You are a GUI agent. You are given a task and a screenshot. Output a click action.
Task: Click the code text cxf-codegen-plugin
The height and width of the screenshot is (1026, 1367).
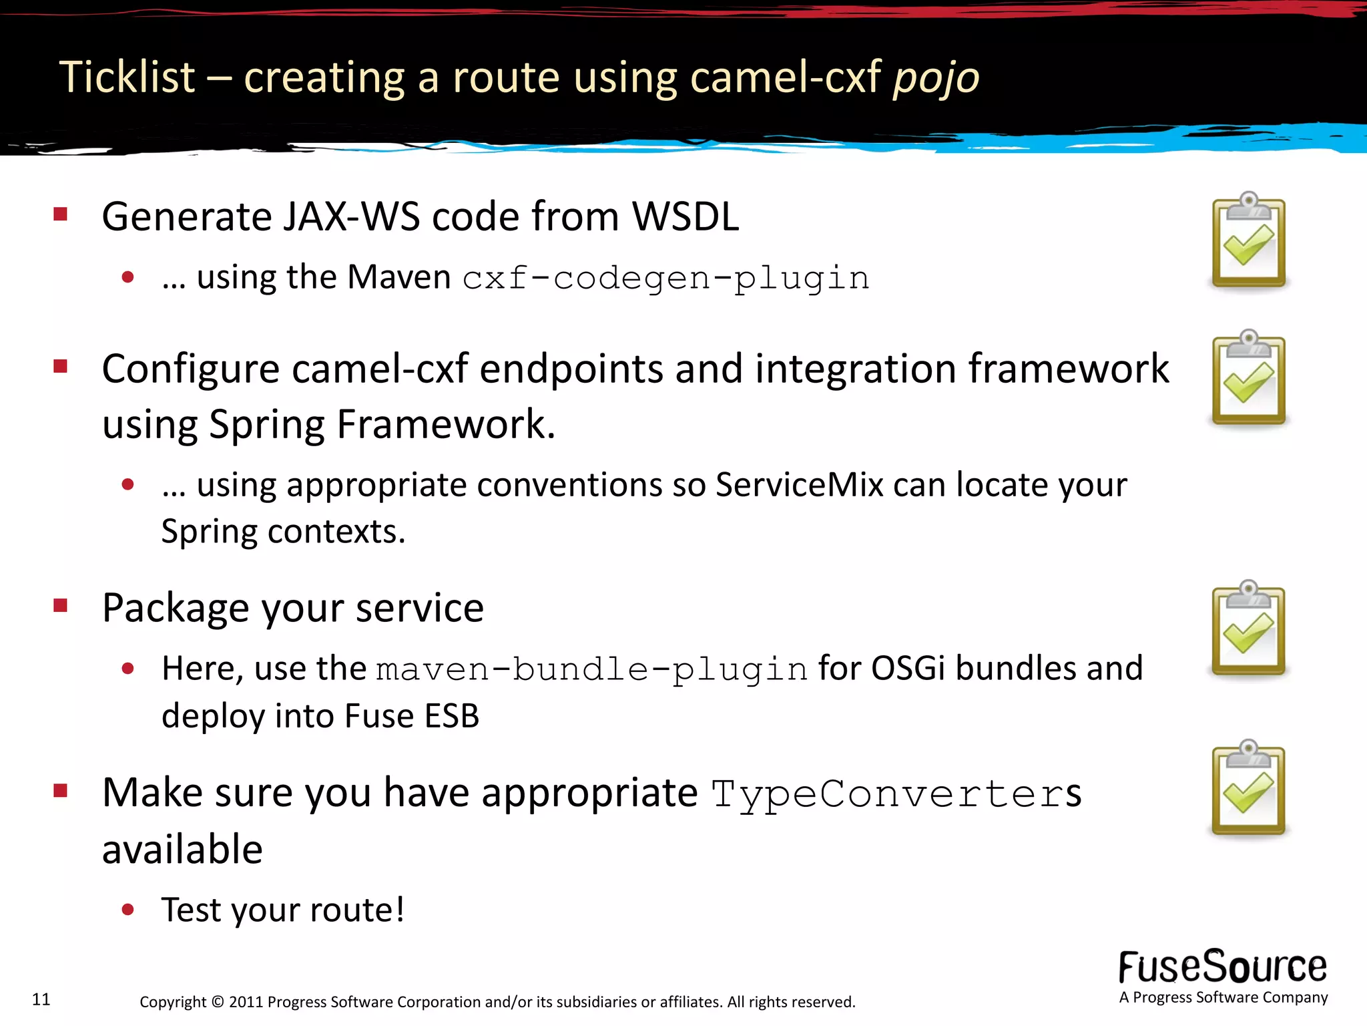click(x=665, y=278)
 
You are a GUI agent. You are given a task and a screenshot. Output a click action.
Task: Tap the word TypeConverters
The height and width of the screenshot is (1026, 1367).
click(x=896, y=794)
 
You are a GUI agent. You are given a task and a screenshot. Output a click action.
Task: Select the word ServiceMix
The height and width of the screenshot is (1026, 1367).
click(x=799, y=484)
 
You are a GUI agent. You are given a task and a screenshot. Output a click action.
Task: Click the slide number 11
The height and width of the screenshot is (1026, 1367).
click(x=41, y=999)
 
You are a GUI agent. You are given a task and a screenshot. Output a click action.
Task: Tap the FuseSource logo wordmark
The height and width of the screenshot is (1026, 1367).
click(x=1222, y=967)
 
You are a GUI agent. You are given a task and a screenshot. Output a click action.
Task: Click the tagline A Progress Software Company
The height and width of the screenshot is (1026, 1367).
click(x=1223, y=997)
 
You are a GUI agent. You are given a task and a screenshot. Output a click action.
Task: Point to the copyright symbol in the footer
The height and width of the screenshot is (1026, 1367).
click(x=218, y=1002)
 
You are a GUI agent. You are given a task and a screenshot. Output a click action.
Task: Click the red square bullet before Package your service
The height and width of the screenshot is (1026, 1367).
click(x=61, y=606)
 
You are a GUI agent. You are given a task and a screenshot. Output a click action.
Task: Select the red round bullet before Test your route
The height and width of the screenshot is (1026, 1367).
click(x=128, y=909)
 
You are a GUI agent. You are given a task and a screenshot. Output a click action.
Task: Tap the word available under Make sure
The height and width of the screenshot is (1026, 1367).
click(x=182, y=850)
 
